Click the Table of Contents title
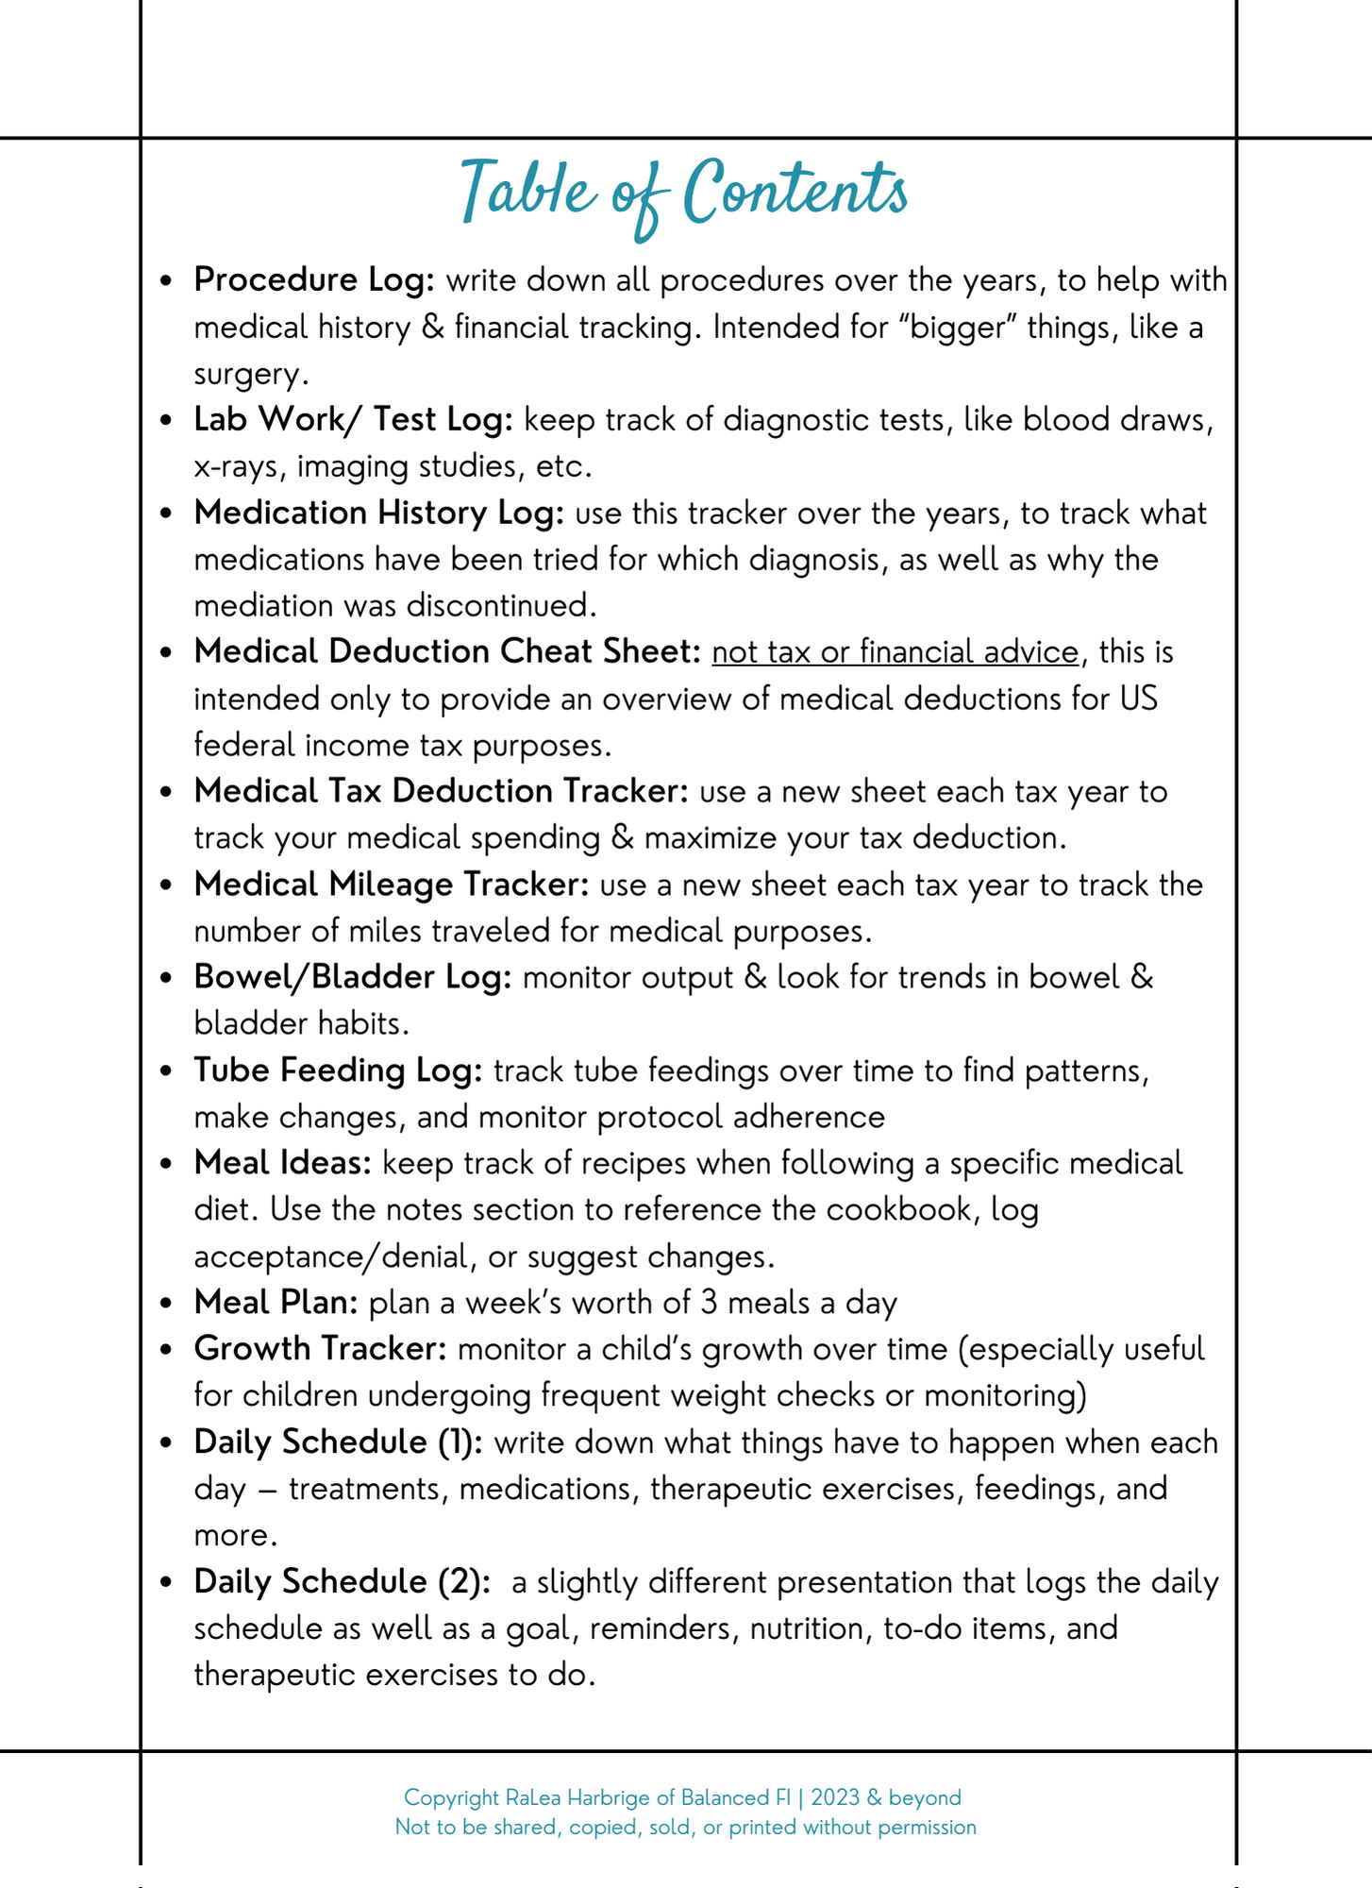(x=684, y=193)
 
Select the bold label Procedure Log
(x=313, y=280)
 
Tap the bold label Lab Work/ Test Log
(x=353, y=419)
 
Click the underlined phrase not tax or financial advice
(x=895, y=652)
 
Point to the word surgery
(x=250, y=375)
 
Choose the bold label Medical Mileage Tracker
(x=391, y=885)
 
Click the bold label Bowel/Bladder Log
(x=352, y=977)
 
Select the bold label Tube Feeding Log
(x=338, y=1070)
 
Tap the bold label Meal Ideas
(x=283, y=1163)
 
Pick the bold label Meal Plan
(x=276, y=1303)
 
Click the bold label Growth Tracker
(x=320, y=1349)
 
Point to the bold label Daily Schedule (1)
(x=338, y=1442)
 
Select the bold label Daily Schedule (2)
(x=342, y=1582)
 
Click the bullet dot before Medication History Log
(x=166, y=514)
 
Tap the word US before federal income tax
(x=1138, y=700)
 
